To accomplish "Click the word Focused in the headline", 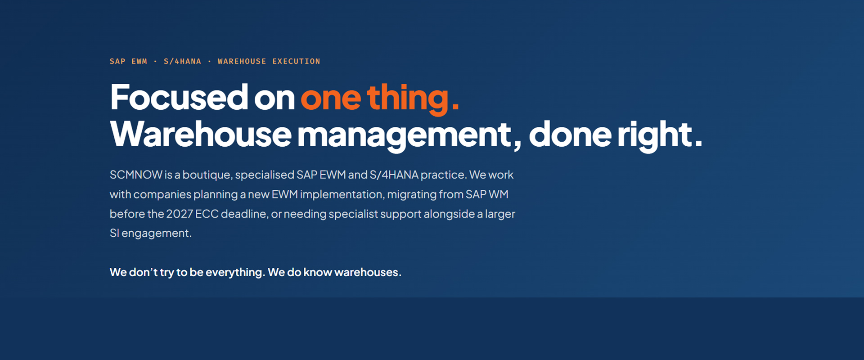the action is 179,97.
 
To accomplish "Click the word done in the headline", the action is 570,134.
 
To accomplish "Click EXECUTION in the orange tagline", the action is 296,61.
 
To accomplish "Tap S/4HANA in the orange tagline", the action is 182,61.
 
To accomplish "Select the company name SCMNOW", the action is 136,175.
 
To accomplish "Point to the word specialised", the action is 264,175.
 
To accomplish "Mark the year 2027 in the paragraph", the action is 180,214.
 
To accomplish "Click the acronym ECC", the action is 207,214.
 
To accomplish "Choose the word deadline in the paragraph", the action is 244,214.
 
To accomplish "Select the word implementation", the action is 342,195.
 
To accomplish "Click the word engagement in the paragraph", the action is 157,234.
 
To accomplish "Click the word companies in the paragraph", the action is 162,195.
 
